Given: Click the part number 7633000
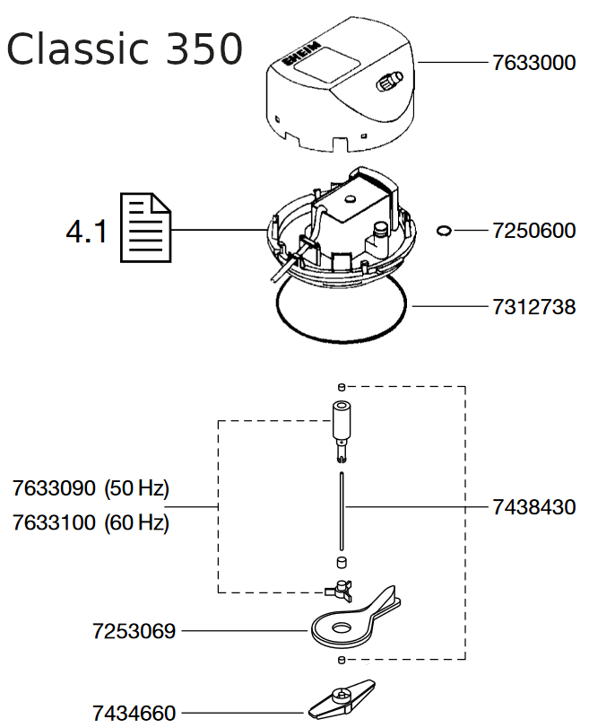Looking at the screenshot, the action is [533, 63].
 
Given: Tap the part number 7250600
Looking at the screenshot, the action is [533, 231].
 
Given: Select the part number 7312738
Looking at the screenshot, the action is [533, 307].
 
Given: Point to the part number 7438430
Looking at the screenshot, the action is [533, 507].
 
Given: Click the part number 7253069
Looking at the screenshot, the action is [134, 631].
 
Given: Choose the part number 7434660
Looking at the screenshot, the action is [134, 713].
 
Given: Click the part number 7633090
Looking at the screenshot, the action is [54, 488].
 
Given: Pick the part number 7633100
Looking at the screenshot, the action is [54, 522].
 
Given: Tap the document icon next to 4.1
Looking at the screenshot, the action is [145, 227].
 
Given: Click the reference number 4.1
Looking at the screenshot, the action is [87, 232].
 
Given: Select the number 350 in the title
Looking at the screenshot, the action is [204, 48].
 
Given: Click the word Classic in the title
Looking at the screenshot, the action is [78, 48].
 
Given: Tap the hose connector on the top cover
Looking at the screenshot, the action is [389, 81].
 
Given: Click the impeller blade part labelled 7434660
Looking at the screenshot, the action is [342, 699].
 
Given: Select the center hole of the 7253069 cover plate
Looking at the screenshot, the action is [342, 628].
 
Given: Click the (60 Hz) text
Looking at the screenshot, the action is [137, 523].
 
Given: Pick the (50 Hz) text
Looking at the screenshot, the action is [137, 489].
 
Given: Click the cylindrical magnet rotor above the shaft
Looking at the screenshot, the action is [341, 419].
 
